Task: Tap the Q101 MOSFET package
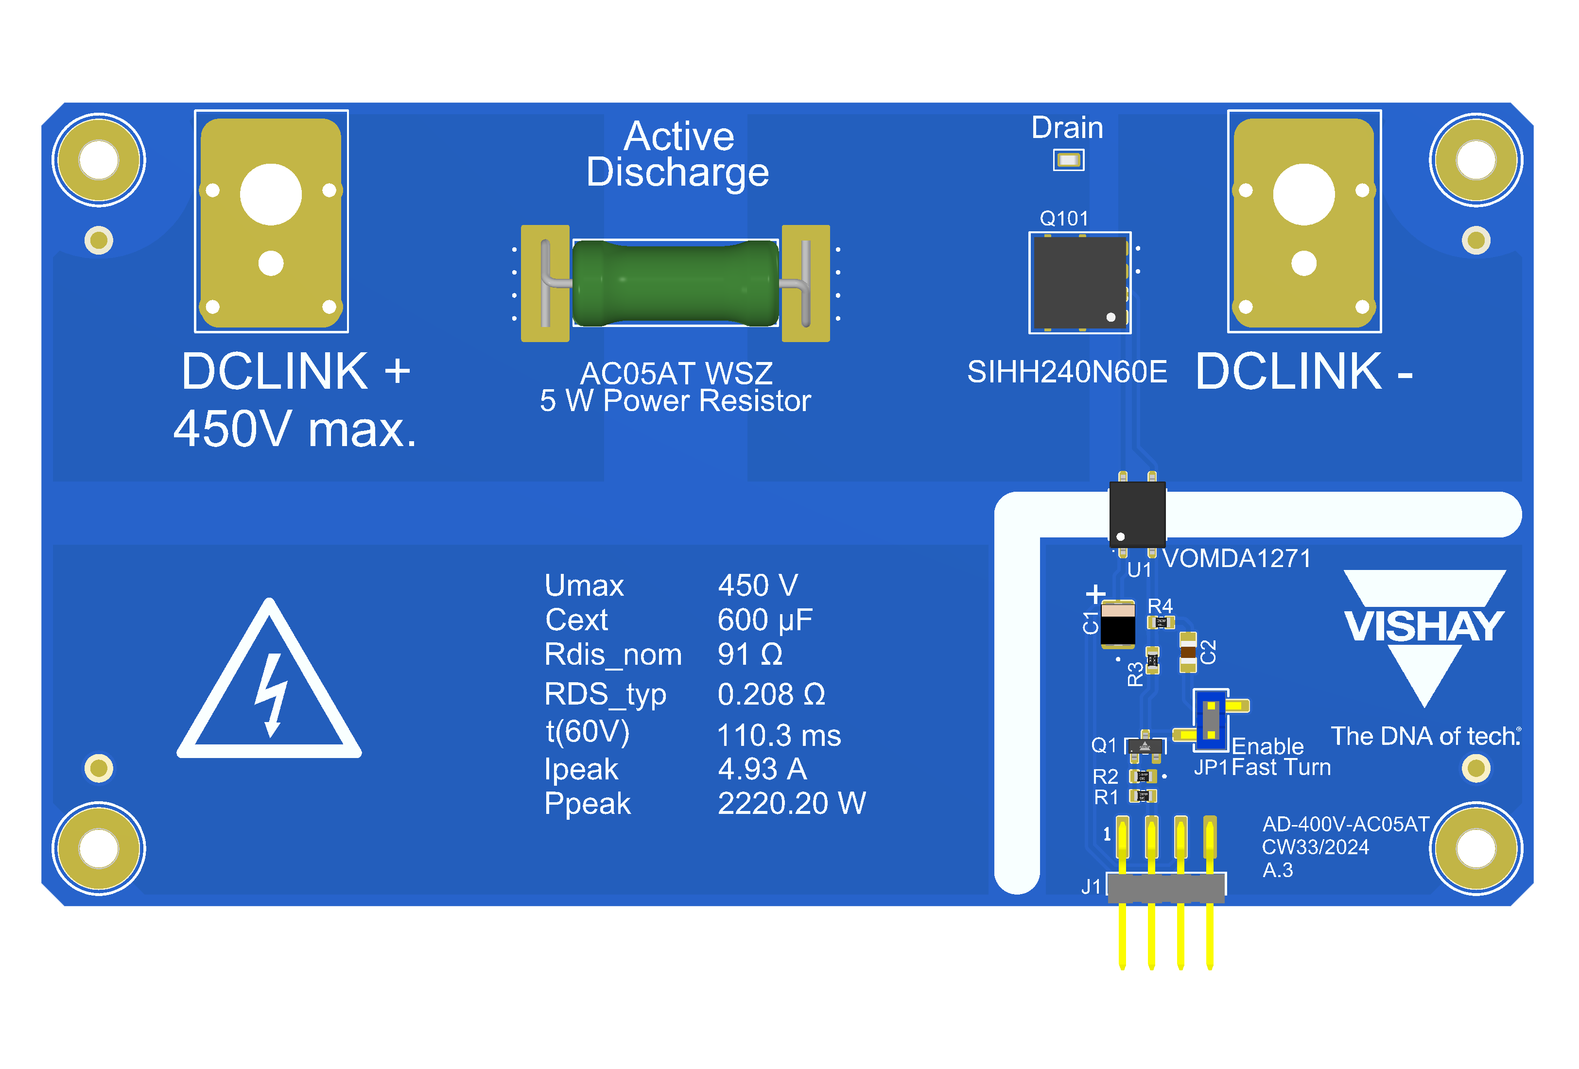tap(1079, 282)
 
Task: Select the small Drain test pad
tap(1068, 160)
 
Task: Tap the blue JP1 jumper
tap(1211, 720)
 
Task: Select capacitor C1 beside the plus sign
tap(1118, 623)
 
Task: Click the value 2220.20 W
tap(792, 803)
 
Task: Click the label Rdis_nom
tap(613, 655)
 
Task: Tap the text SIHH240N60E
tap(1067, 372)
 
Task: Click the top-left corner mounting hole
tap(99, 160)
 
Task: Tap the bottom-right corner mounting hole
tap(1476, 848)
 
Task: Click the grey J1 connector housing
tap(1166, 887)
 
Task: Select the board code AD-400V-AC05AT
tap(1345, 824)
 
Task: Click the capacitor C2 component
tap(1188, 652)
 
